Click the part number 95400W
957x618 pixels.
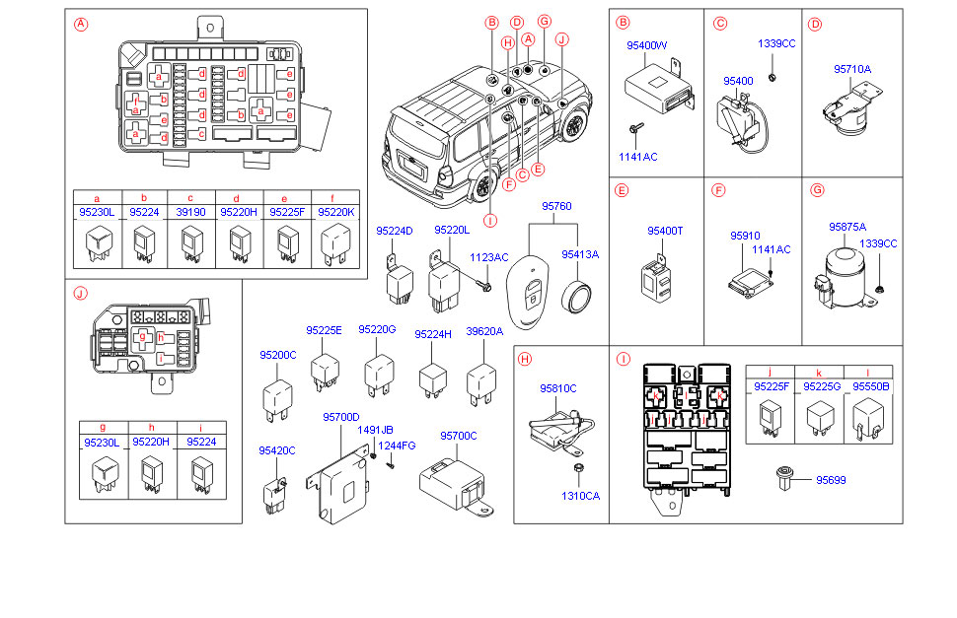tap(647, 45)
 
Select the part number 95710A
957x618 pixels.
tap(852, 69)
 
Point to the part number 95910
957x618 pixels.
tap(745, 237)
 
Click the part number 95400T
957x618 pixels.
tap(665, 231)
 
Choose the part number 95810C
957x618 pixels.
tap(557, 389)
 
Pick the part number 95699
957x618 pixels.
tap(830, 480)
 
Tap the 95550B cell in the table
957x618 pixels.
tap(870, 387)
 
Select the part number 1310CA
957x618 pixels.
tap(580, 496)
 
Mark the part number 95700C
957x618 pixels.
tap(458, 436)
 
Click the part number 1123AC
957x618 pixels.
tap(488, 257)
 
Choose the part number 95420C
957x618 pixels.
tap(277, 450)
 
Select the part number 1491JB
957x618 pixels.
tap(375, 430)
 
